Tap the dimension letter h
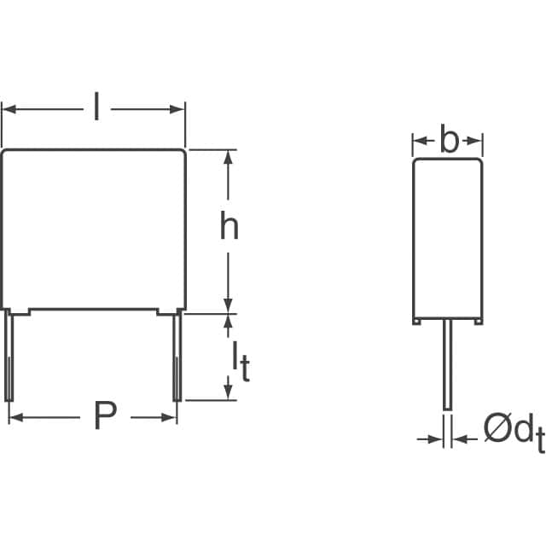(229, 227)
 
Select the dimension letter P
(104, 417)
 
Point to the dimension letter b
(449, 141)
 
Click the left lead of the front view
(10, 356)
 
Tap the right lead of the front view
(177, 356)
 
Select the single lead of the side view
(447, 367)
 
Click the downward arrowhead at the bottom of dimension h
(229, 305)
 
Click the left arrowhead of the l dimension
(9, 109)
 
